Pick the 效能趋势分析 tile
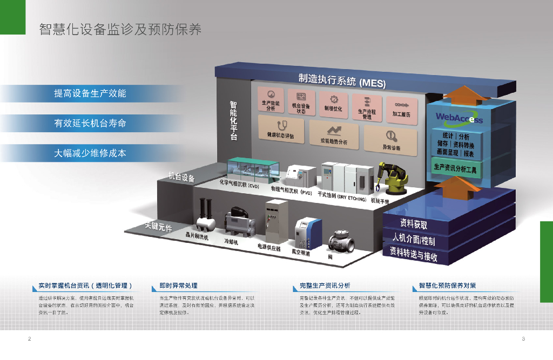334,135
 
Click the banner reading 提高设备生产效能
90,93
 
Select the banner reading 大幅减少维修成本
90,153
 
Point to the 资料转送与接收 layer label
414,254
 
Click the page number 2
29,339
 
